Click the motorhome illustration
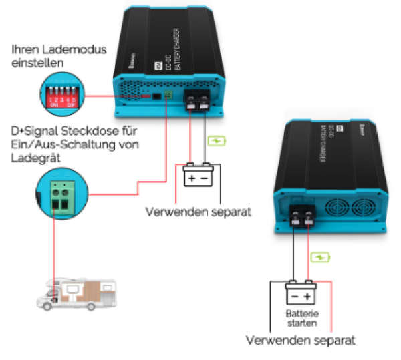[x=74, y=292]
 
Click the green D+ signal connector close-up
[x=61, y=194]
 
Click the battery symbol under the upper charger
[x=198, y=178]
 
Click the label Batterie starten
[x=301, y=319]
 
